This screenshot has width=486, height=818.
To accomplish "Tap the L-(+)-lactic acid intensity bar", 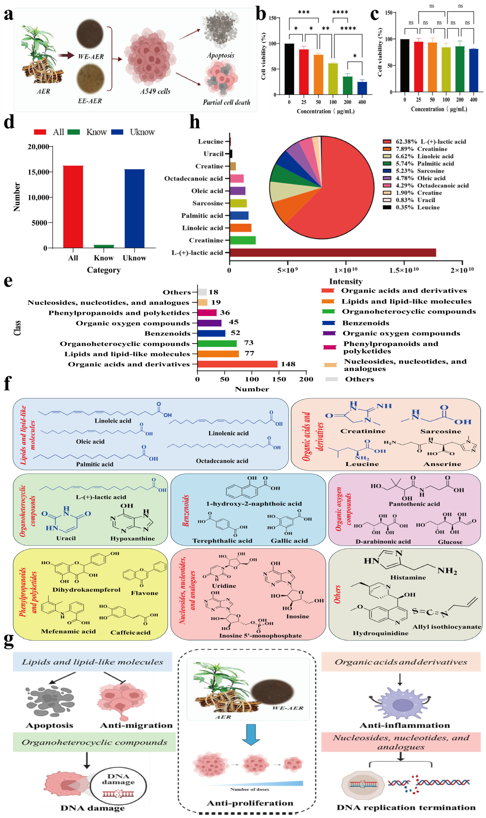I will (x=332, y=253).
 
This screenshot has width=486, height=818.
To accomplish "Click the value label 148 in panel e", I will (x=288, y=364).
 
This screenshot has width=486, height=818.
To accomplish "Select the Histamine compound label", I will (x=408, y=577).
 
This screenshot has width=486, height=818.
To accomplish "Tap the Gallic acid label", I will (x=289, y=541).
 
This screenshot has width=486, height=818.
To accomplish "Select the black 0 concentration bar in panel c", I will (x=405, y=66).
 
